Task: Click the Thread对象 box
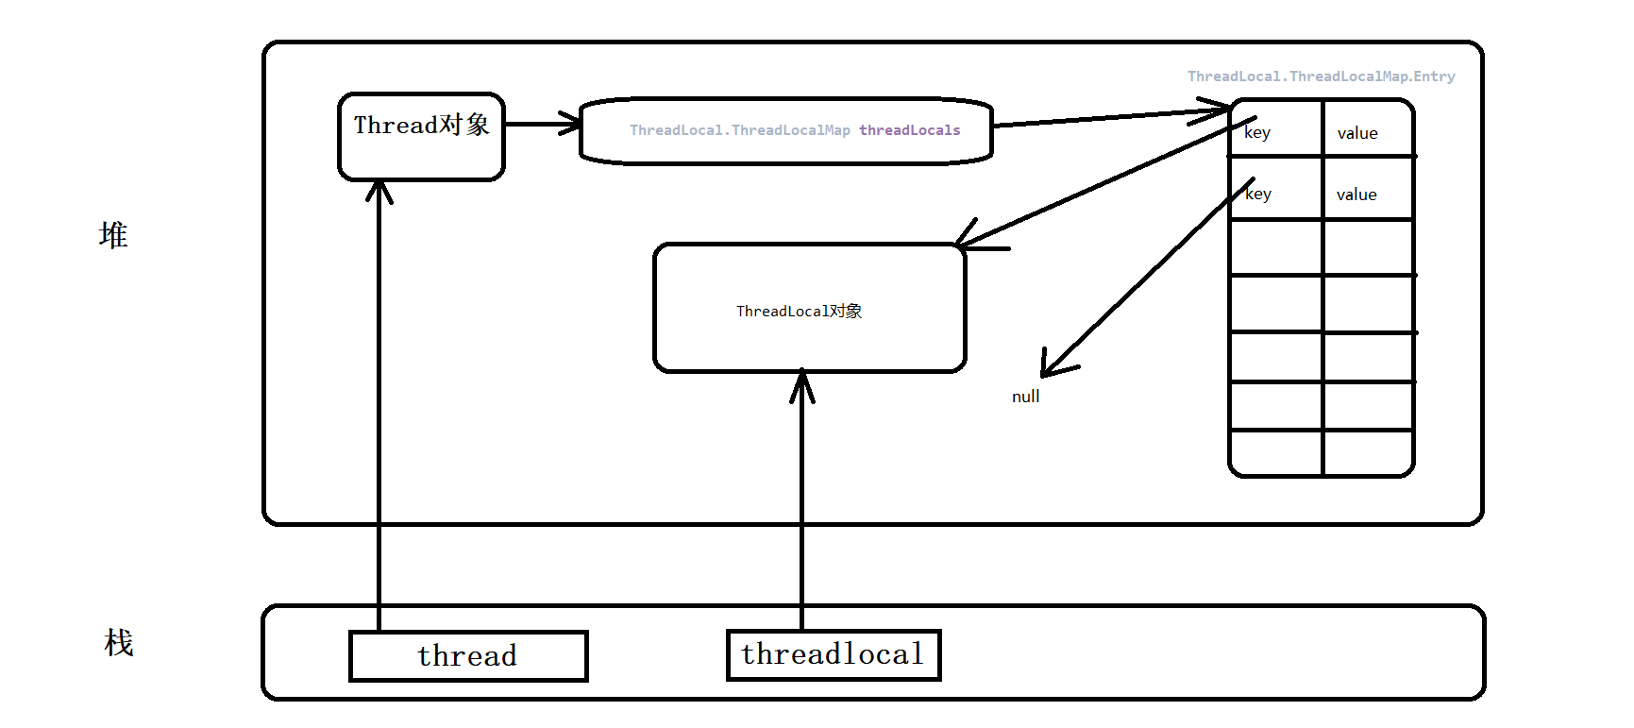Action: click(421, 136)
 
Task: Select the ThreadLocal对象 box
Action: click(809, 308)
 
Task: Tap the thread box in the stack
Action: click(468, 655)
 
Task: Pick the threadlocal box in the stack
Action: click(834, 654)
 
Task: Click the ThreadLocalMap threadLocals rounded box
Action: click(785, 130)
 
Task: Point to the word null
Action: click(1025, 397)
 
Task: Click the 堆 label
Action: click(113, 235)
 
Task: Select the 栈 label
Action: click(119, 643)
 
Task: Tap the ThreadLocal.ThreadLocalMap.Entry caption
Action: click(1321, 76)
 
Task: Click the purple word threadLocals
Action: click(909, 130)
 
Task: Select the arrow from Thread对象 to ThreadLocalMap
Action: click(541, 124)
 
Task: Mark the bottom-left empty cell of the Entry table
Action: click(1276, 453)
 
